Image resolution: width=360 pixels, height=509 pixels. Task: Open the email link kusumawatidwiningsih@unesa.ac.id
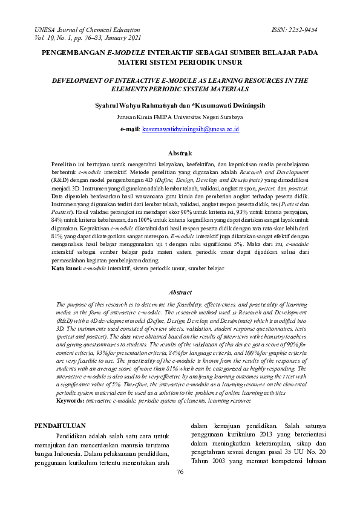[x=191, y=129]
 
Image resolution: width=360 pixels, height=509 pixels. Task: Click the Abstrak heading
[x=180, y=154]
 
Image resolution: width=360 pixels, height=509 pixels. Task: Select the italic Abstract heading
[x=180, y=291]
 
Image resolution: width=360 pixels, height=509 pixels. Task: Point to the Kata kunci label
[x=67, y=268]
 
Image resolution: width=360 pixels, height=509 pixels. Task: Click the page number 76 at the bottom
[x=180, y=472]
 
